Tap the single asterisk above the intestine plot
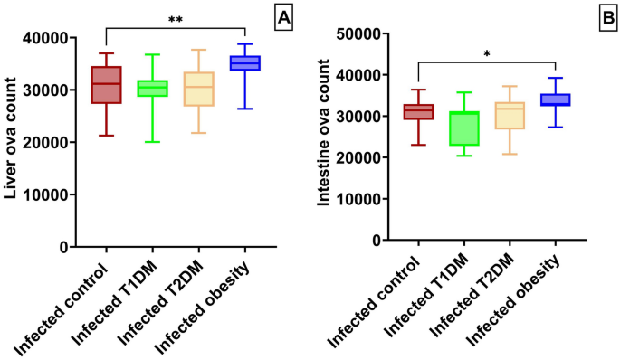(x=486, y=54)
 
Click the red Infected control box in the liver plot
(x=108, y=85)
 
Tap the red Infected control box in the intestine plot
(x=418, y=112)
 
